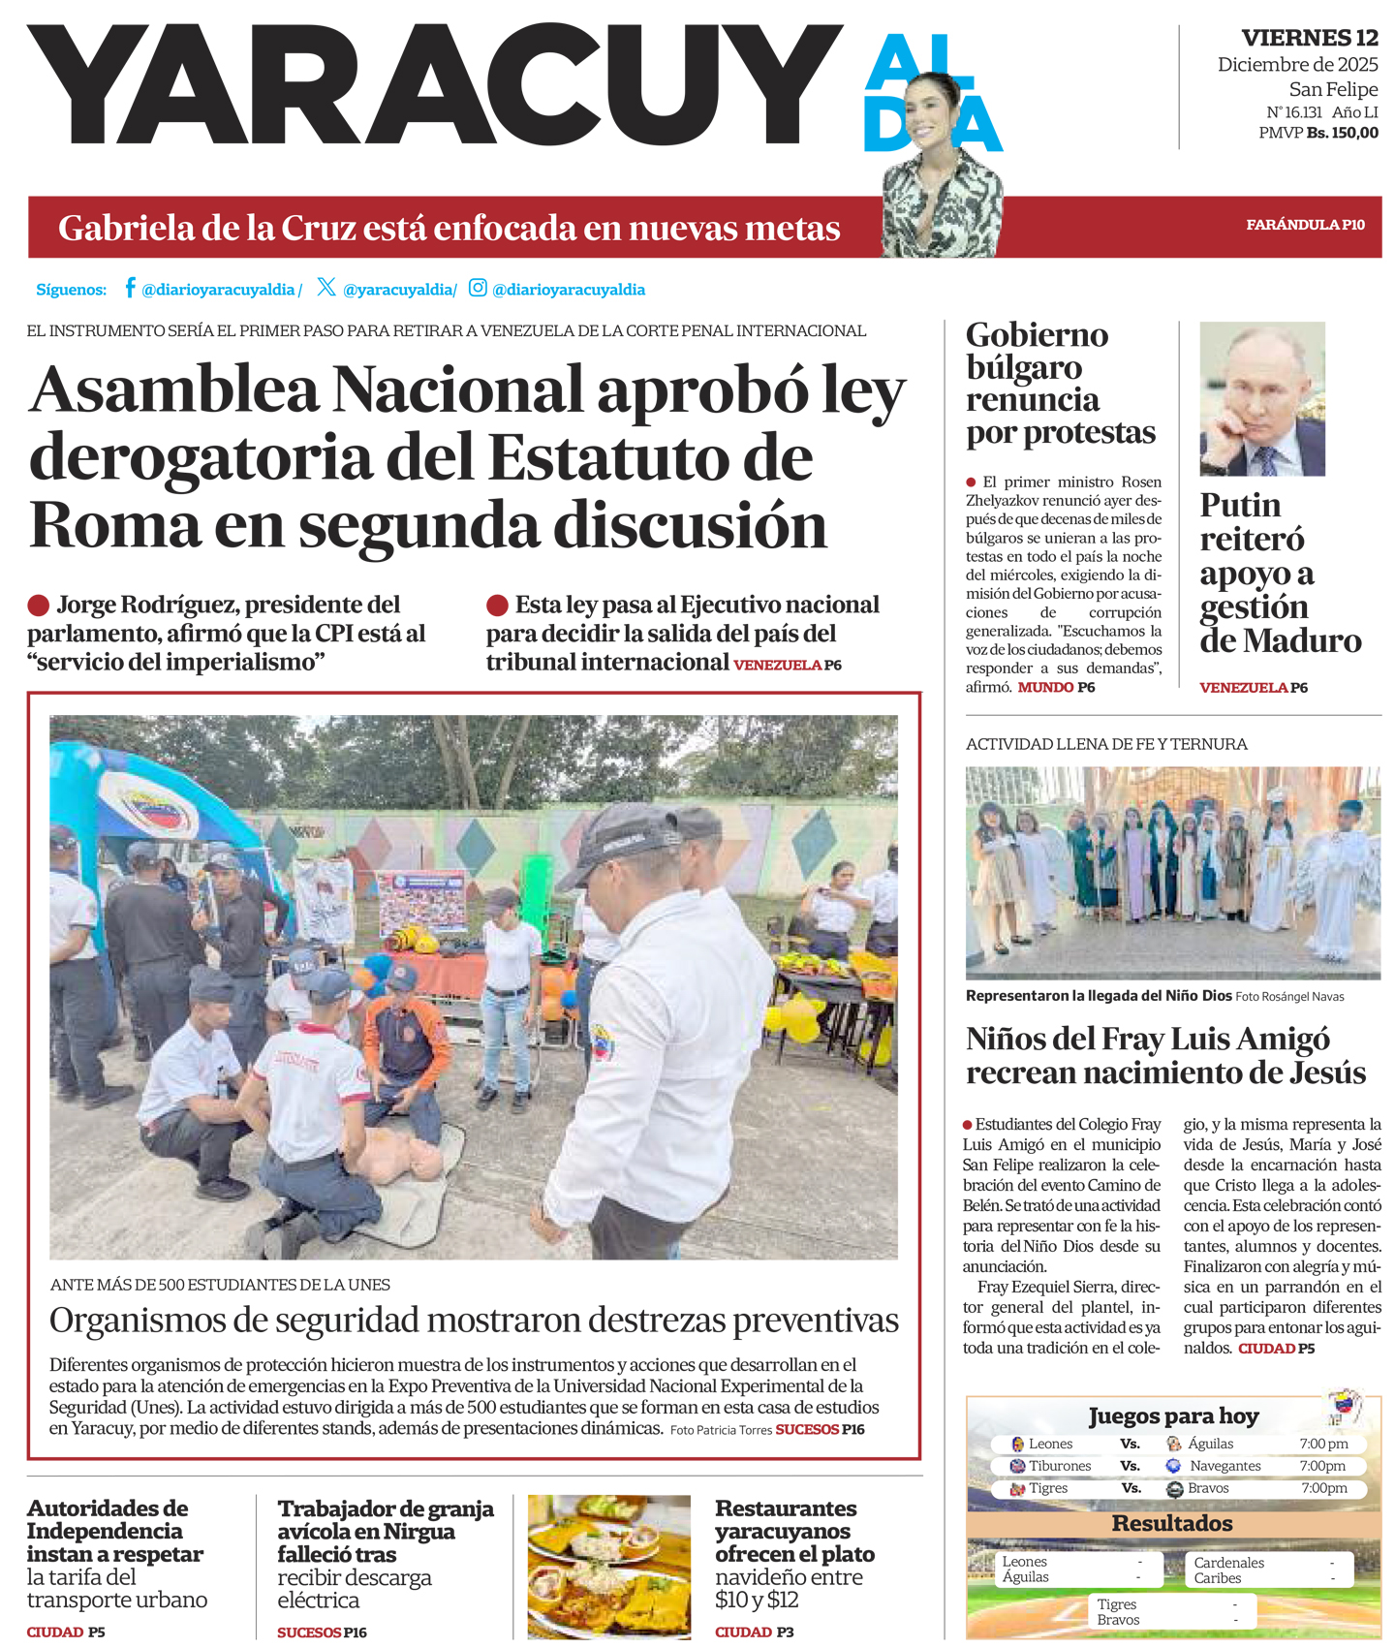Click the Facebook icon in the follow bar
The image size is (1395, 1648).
[130, 288]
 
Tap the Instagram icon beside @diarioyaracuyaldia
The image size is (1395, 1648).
[478, 288]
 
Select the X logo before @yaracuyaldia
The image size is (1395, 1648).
[326, 287]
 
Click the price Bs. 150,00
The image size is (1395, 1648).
[1342, 133]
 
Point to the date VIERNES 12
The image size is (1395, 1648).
[1310, 38]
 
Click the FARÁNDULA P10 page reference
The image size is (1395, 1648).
[1305, 225]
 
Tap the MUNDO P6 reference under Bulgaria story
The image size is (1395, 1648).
[1056, 687]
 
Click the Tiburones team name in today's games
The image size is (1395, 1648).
[1060, 1466]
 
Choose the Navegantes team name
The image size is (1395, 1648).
[1224, 1466]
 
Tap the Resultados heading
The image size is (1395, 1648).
[1172, 1523]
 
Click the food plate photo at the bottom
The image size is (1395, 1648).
[608, 1566]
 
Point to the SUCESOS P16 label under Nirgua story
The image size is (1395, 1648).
[322, 1632]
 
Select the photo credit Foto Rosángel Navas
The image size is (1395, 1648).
[1289, 996]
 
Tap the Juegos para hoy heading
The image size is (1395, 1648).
[1172, 1415]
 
